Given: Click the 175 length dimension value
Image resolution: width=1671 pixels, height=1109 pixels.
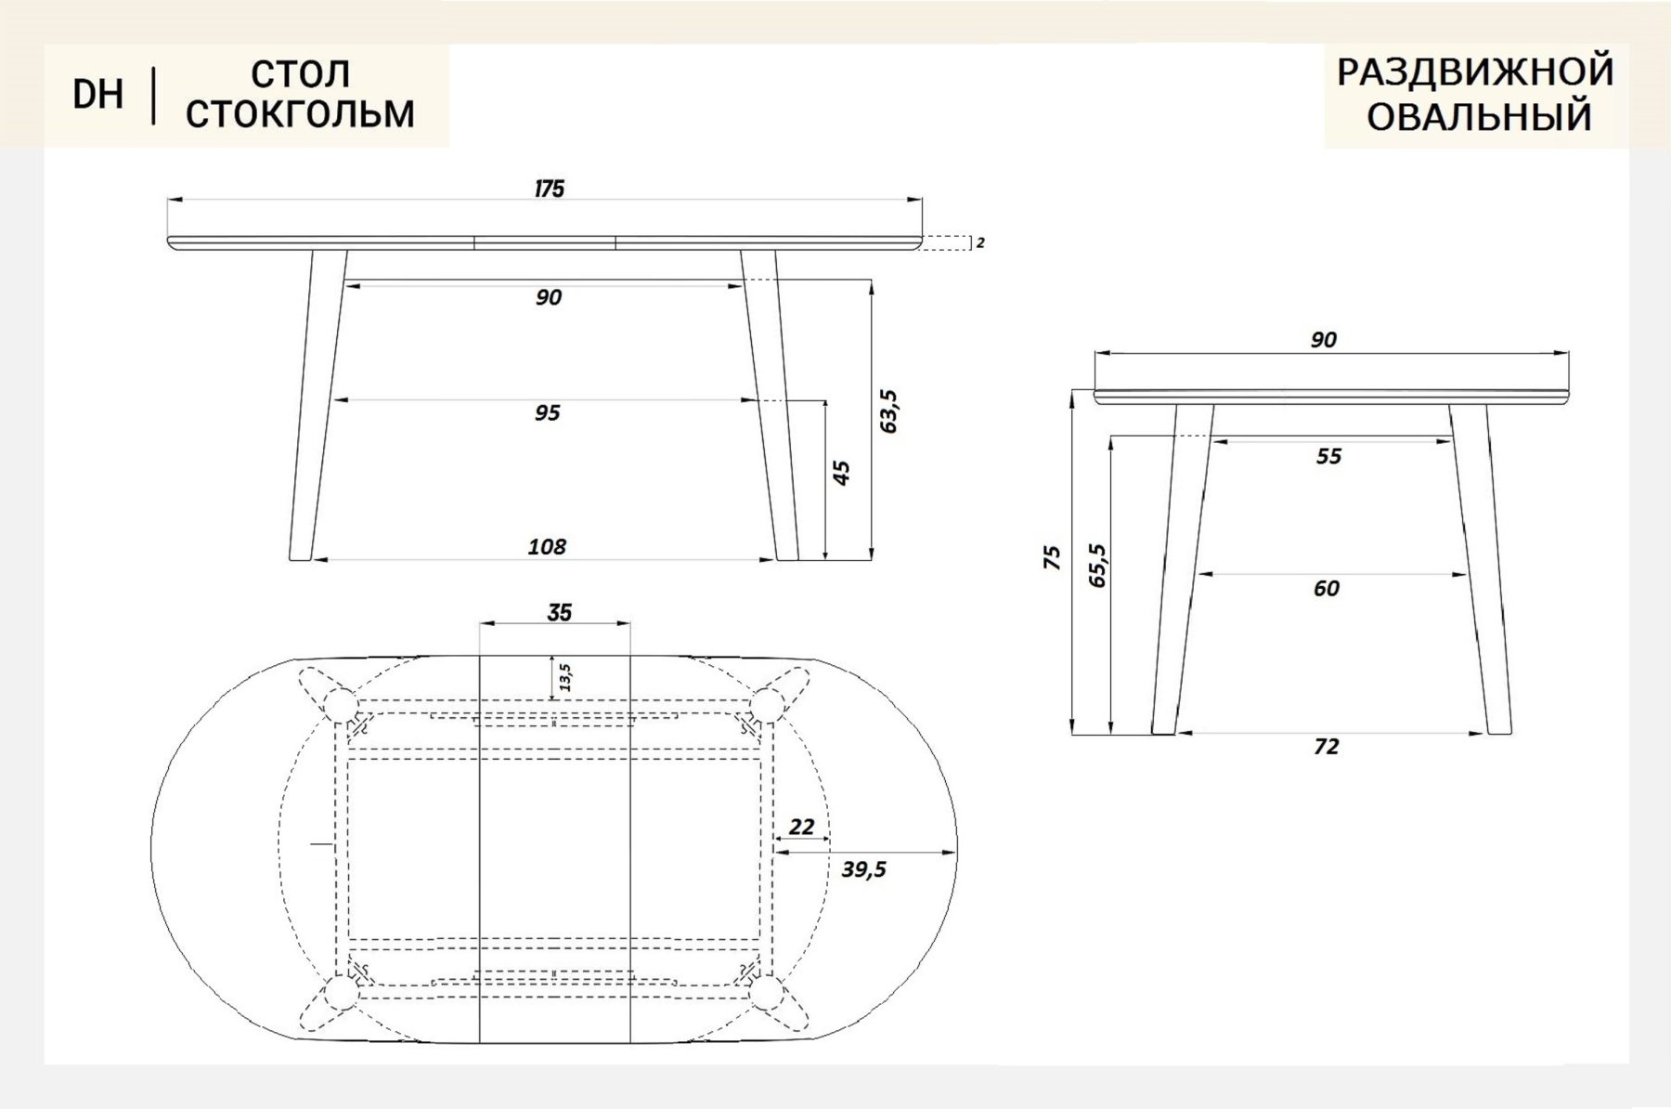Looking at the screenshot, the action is tap(549, 189).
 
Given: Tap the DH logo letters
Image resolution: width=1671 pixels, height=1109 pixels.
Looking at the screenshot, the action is tap(98, 95).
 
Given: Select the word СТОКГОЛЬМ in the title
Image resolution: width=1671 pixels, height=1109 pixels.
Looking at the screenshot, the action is tap(300, 114).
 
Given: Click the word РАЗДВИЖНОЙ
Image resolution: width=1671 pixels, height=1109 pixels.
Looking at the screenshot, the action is tap(1475, 72).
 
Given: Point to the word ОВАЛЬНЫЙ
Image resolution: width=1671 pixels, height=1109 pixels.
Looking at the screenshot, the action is tap(1479, 118).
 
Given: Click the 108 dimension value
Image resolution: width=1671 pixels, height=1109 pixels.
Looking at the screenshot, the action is tap(547, 546).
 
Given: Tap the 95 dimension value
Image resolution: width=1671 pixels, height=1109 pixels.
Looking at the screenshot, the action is tap(547, 412).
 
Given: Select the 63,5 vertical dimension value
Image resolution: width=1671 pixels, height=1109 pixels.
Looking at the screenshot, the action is tap(888, 411).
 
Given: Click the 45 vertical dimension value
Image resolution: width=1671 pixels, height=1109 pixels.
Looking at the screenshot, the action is tap(841, 473).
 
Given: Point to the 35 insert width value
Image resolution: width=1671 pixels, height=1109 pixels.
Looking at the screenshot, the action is tap(560, 613).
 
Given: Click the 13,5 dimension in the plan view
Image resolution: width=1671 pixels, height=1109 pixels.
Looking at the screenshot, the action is tap(564, 677).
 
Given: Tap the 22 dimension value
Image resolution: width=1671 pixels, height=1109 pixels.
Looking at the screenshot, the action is tap(801, 826).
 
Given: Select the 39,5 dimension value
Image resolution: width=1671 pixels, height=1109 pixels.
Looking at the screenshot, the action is tap(864, 869).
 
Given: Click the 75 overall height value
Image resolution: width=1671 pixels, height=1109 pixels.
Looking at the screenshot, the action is tap(1052, 557).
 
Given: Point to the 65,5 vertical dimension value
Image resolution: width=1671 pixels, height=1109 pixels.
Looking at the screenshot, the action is tap(1098, 565).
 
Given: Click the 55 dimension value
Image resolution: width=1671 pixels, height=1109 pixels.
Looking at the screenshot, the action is tap(1329, 456).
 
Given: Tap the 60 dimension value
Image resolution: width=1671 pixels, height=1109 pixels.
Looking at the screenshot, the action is tap(1327, 589).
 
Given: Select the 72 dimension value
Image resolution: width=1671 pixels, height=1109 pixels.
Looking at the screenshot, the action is tap(1327, 747).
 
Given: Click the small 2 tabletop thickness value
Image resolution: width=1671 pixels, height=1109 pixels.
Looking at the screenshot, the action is tap(981, 243).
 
